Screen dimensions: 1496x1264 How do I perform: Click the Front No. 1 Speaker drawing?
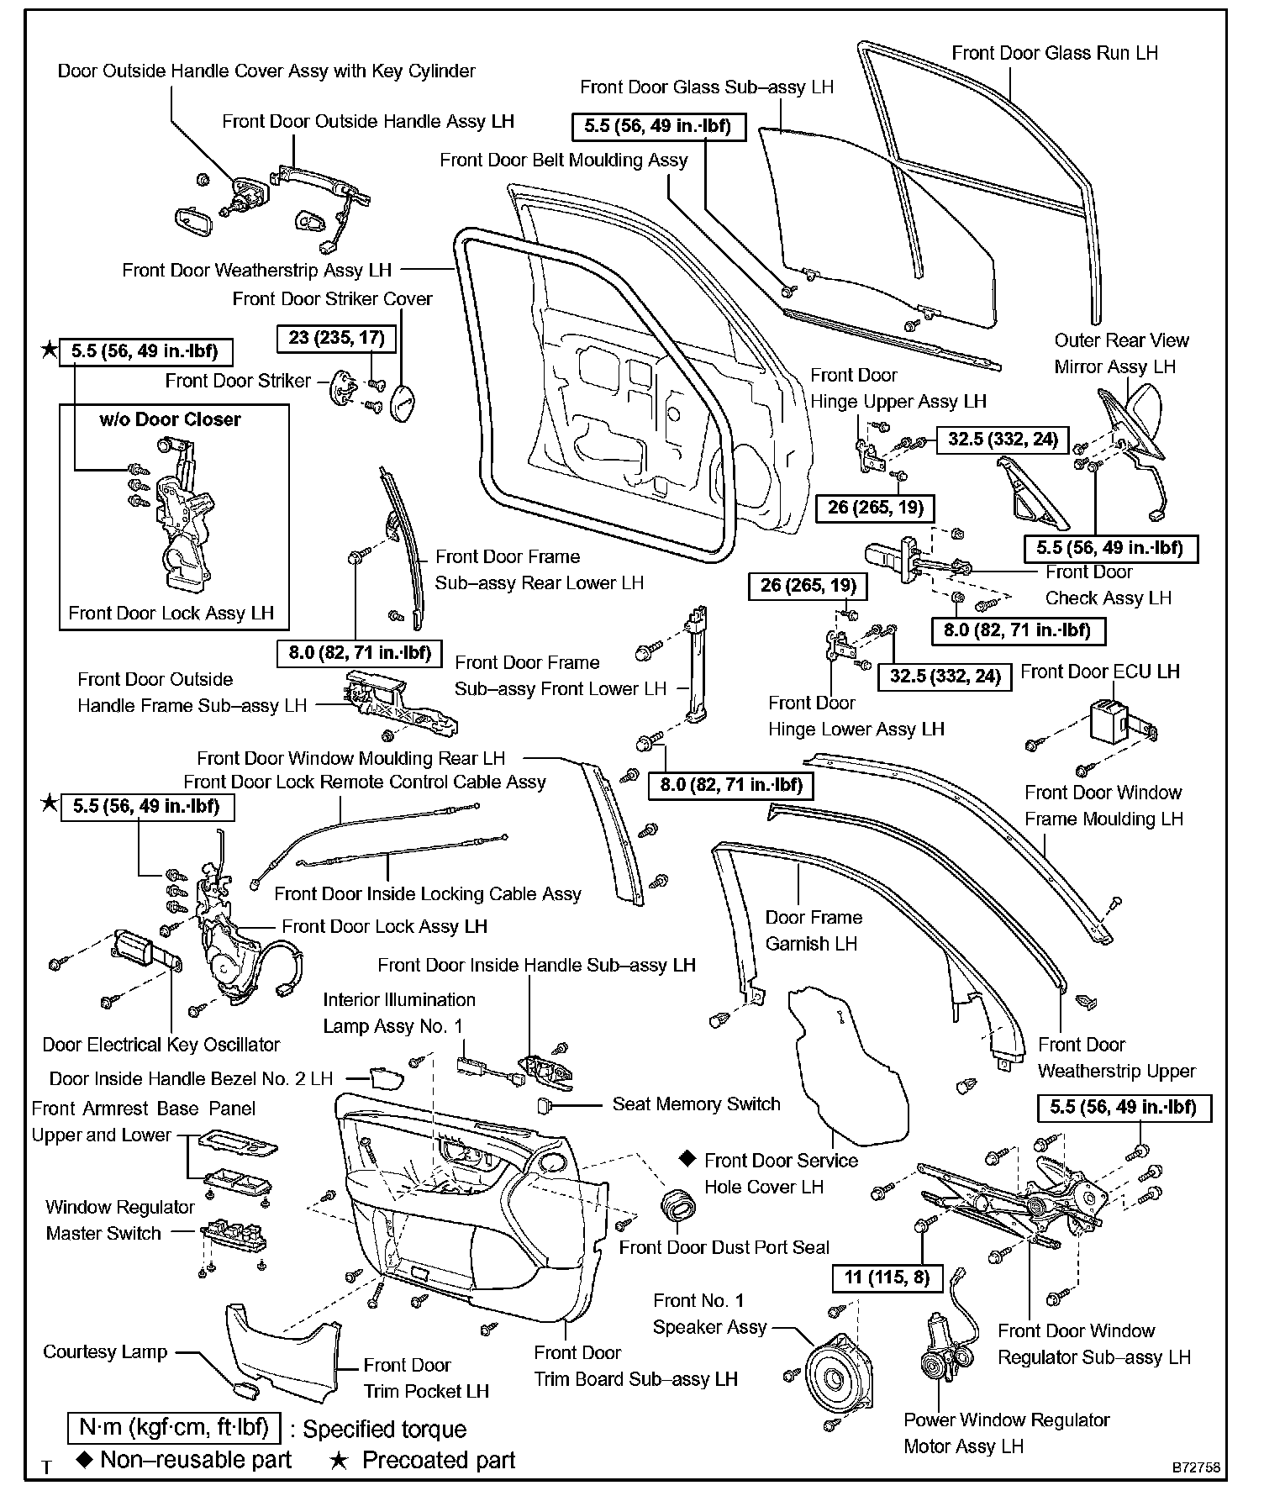[835, 1379]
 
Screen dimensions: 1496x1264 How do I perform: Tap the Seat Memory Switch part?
[543, 1104]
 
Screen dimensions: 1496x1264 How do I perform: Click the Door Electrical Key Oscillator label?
[161, 1045]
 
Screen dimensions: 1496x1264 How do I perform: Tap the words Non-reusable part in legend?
[195, 1460]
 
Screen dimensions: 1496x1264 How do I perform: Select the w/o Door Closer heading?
[170, 419]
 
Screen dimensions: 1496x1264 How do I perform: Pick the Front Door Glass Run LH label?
[1054, 53]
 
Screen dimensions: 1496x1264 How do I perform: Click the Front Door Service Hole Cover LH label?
[781, 1173]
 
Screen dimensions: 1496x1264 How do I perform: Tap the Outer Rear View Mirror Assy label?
[1121, 353]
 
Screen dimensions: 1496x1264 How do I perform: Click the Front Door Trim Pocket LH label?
[425, 1377]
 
